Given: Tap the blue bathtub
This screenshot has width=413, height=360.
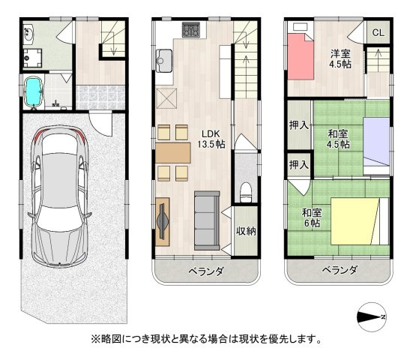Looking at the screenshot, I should (33, 91).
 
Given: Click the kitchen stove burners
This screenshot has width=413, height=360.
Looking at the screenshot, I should (190, 31).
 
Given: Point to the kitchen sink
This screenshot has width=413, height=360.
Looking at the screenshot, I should (164, 58).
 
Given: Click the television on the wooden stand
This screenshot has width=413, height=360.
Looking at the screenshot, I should (163, 221).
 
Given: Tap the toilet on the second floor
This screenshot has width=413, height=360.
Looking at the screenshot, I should (244, 193).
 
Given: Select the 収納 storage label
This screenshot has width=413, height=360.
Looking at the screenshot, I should (245, 232).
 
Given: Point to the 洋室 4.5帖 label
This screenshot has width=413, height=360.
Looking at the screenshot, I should (341, 58).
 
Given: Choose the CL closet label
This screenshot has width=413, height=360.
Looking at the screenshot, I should (377, 32).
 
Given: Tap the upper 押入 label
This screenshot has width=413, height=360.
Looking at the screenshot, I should (298, 124).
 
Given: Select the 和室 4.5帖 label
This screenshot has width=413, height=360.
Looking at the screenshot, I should (338, 140).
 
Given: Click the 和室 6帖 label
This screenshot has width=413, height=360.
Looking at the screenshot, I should (311, 217).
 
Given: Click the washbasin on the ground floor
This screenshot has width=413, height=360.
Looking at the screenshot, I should (28, 32).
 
